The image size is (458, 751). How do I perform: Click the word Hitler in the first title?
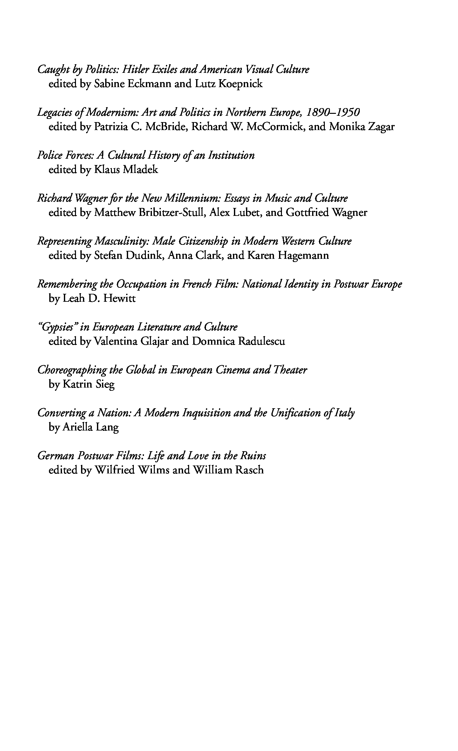point(135,69)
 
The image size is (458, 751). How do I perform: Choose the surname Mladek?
point(140,170)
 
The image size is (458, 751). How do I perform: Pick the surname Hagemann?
point(303,256)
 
